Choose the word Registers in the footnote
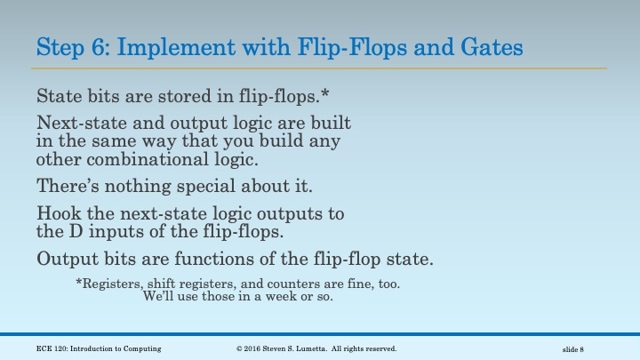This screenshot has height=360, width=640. tap(112, 284)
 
